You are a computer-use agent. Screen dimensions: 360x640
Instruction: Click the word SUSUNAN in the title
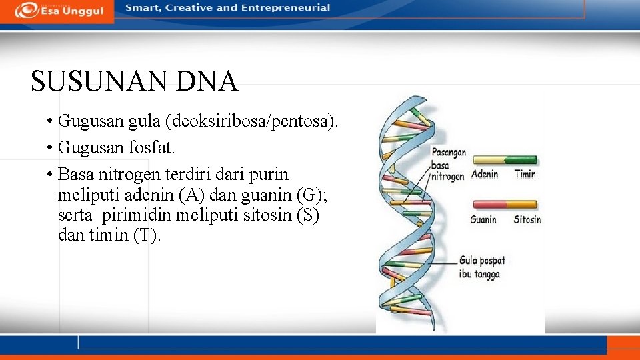tap(99, 82)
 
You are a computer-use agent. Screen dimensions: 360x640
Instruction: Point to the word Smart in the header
tap(141, 8)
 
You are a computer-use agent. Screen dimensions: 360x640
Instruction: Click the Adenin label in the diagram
tap(485, 175)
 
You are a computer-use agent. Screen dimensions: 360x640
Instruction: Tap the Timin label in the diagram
tap(525, 175)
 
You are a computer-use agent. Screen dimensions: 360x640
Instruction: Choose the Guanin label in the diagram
tap(483, 219)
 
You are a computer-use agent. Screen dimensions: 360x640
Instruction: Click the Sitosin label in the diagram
tap(527, 219)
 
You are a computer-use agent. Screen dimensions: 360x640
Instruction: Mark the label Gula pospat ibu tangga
tap(481, 267)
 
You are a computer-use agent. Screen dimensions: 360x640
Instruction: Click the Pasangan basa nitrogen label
tap(448, 165)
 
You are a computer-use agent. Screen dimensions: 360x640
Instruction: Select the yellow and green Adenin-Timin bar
tap(505, 160)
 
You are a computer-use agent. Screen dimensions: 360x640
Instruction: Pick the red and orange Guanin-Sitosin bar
tap(505, 205)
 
